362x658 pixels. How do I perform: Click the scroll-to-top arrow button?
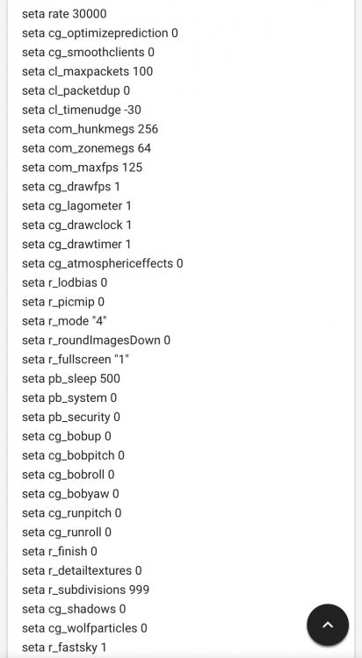(328, 625)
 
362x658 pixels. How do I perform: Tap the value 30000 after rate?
(90, 14)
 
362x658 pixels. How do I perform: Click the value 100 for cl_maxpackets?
(142, 71)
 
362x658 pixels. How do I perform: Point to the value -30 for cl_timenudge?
(132, 110)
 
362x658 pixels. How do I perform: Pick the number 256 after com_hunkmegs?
(148, 129)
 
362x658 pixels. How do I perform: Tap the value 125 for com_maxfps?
(132, 168)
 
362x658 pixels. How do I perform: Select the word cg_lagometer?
(85, 206)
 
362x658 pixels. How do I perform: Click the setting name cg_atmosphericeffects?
(111, 263)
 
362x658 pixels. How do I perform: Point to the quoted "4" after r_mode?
(101, 321)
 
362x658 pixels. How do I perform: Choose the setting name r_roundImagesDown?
(105, 340)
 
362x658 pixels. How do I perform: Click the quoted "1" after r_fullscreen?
(124, 360)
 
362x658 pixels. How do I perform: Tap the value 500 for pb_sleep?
(110, 378)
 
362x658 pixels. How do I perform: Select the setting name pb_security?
(79, 417)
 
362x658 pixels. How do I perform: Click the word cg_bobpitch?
(81, 455)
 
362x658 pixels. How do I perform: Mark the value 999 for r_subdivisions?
(139, 590)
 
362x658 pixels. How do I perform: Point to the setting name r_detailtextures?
(90, 571)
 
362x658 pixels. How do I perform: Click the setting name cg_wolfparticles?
(92, 629)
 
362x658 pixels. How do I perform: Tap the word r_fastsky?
(73, 647)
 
